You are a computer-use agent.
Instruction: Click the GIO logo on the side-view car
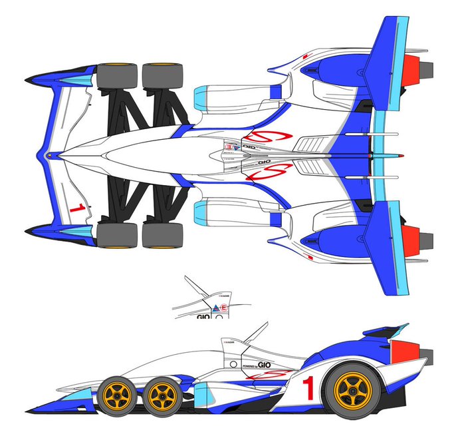pos(265,365)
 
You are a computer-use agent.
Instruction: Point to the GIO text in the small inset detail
pos(203,317)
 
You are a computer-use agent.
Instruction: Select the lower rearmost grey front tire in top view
pos(162,234)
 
